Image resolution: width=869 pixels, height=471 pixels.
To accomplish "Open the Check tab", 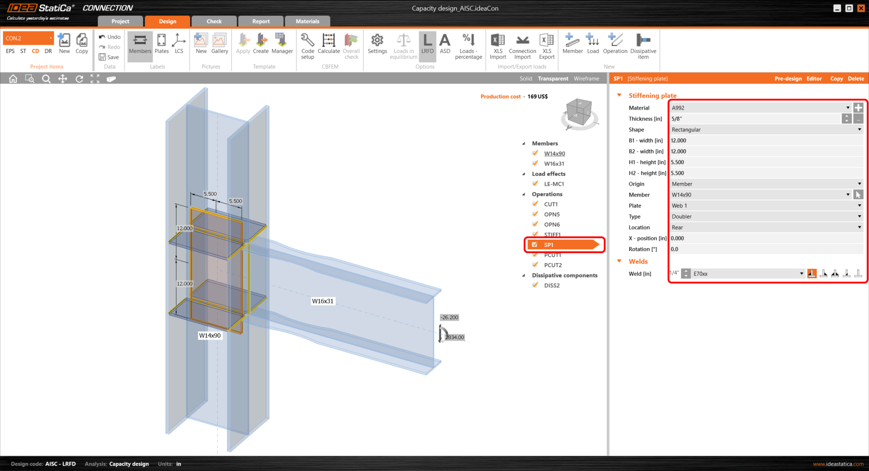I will pos(214,21).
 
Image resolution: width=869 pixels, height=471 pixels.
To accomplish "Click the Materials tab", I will pos(307,21).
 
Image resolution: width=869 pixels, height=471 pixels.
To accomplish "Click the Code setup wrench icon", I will pos(307,40).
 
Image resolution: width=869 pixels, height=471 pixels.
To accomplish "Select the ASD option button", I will pos(445,44).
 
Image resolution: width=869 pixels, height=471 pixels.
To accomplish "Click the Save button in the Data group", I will pos(109,57).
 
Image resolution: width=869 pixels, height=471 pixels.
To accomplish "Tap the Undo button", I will pos(110,37).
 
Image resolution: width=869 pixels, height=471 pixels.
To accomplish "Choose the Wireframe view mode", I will pos(586,79).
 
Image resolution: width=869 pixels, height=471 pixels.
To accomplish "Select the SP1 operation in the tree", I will pos(549,245).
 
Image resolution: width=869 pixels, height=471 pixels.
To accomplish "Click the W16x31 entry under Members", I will pos(554,164).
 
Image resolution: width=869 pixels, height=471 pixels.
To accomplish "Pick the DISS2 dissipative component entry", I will pos(552,286).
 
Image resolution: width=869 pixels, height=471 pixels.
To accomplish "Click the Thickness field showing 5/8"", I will pos(755,119).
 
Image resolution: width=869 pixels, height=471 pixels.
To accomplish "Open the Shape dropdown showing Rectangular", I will pos(766,130).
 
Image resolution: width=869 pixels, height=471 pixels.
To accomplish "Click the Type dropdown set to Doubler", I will pos(766,217).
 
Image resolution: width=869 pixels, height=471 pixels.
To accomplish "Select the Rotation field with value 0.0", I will pos(766,250).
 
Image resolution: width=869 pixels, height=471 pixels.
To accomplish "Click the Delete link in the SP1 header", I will pos(855,79).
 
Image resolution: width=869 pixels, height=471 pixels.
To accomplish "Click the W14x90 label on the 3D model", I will pos(210,336).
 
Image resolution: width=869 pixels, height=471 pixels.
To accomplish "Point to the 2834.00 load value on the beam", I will pos(455,337).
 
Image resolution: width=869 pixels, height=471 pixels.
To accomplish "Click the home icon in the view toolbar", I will pos(13,79).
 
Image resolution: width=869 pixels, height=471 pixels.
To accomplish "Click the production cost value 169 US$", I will pos(537,97).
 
